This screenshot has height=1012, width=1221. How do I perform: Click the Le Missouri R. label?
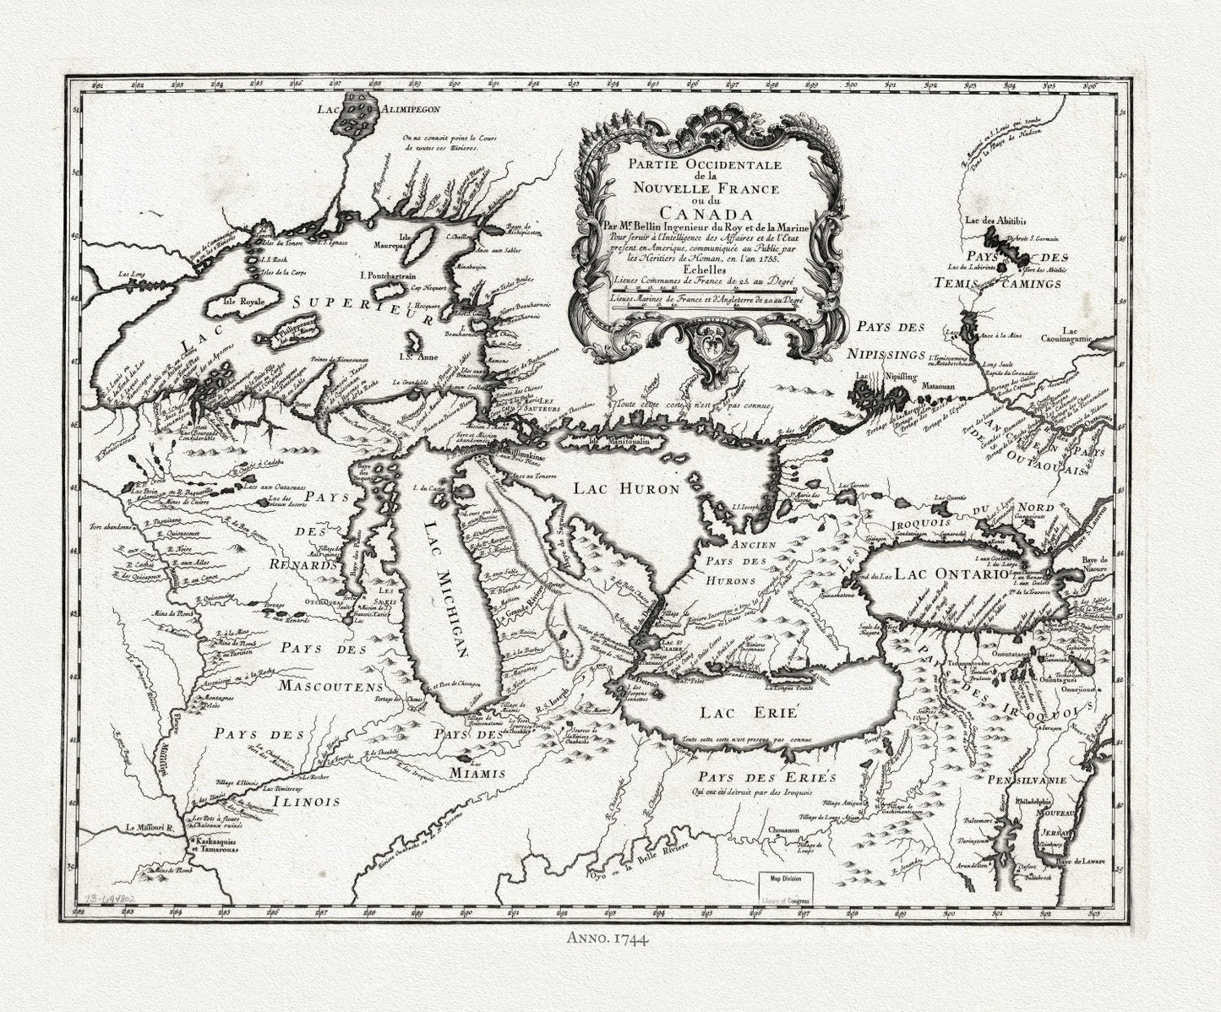tap(150, 828)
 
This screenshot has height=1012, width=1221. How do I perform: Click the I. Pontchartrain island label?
tap(386, 275)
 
